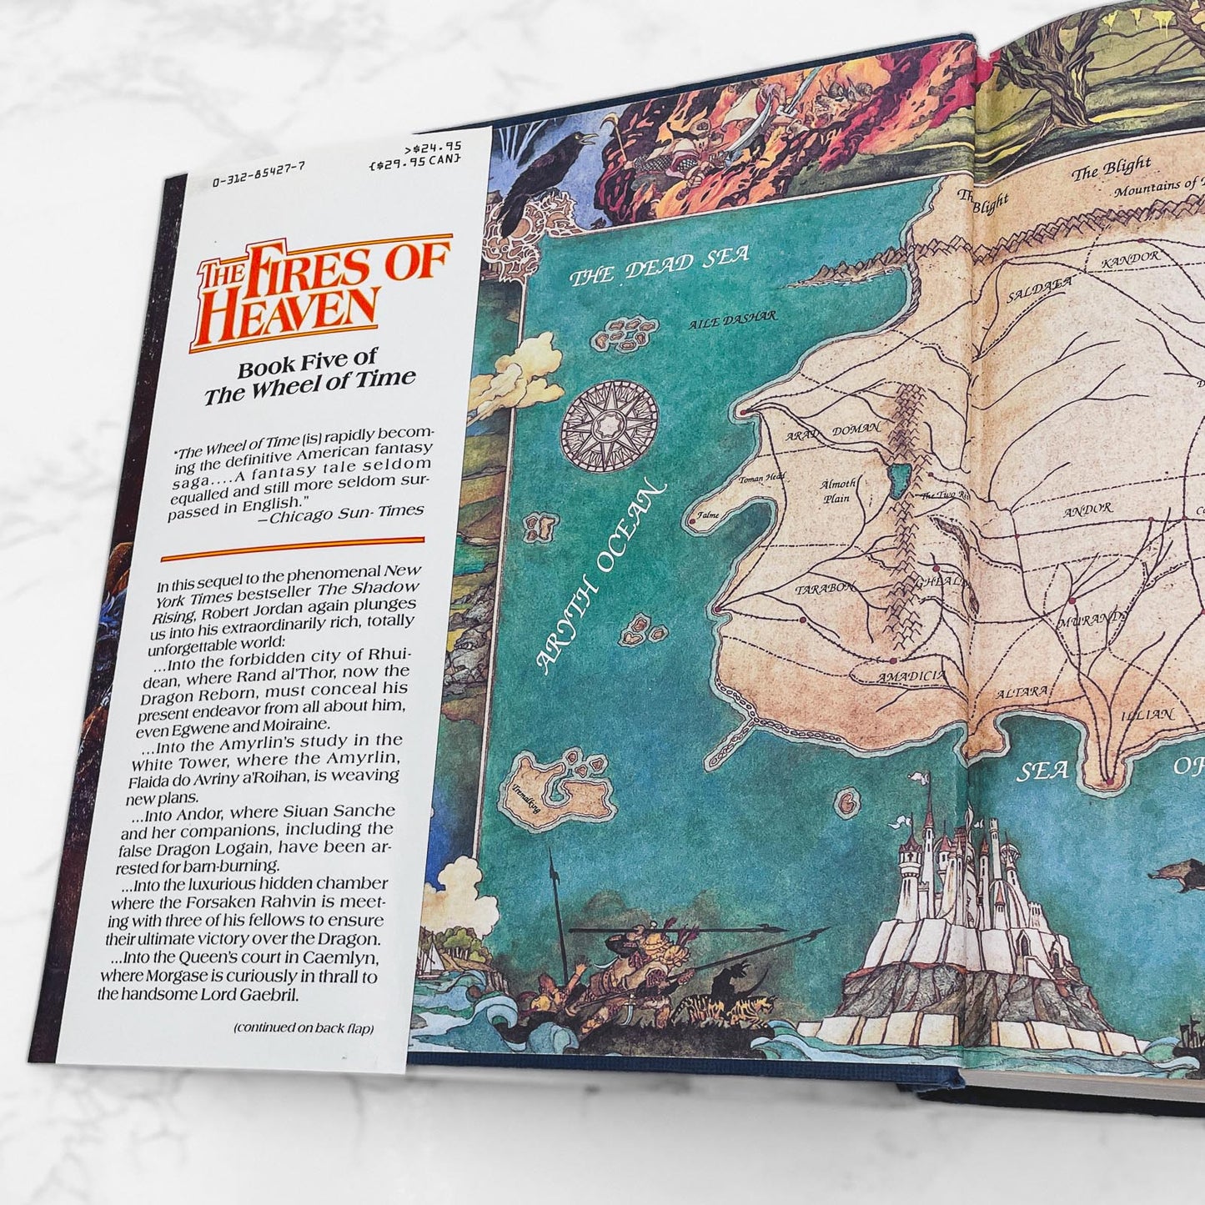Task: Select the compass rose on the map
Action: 610,424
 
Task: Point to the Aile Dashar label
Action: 733,318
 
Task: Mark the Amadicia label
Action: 911,677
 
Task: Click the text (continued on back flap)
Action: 304,1028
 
